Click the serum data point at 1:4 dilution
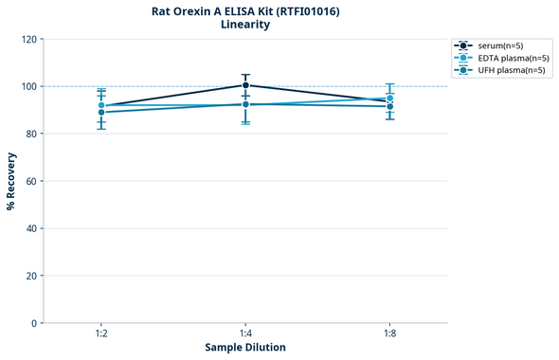(x=245, y=85)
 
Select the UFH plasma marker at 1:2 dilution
(x=101, y=113)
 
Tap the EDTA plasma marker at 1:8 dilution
(x=389, y=98)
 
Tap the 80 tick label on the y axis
(x=32, y=134)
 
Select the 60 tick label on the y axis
(x=32, y=181)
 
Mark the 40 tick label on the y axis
(x=32, y=228)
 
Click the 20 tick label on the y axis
(x=32, y=276)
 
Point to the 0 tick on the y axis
(x=35, y=323)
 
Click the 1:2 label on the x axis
(x=101, y=334)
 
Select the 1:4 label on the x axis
(x=245, y=334)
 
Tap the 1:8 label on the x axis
(x=389, y=334)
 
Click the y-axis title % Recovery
(x=11, y=180)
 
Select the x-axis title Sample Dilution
(x=245, y=348)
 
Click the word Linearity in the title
(x=245, y=25)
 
